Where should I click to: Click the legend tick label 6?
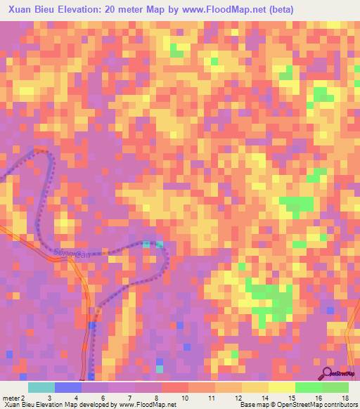103,397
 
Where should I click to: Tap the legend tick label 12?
238,397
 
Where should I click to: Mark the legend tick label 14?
265,397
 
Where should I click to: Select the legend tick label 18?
345,397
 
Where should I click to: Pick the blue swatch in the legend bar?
68,387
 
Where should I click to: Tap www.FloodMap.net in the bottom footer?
148,405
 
